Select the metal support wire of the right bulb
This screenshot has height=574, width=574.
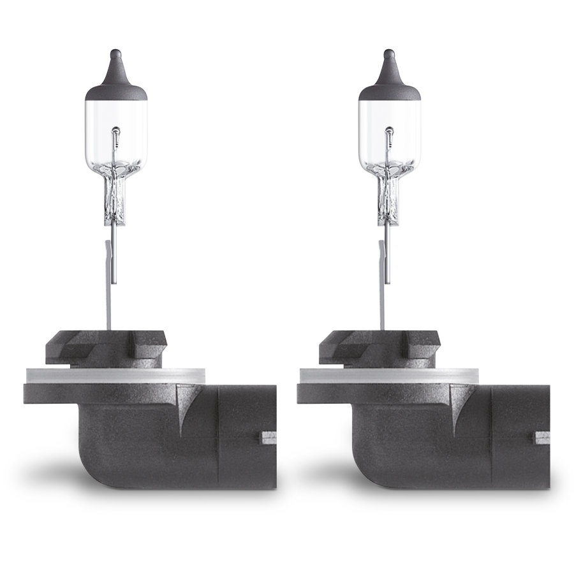click(386, 281)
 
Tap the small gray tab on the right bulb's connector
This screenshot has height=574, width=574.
click(540, 439)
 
